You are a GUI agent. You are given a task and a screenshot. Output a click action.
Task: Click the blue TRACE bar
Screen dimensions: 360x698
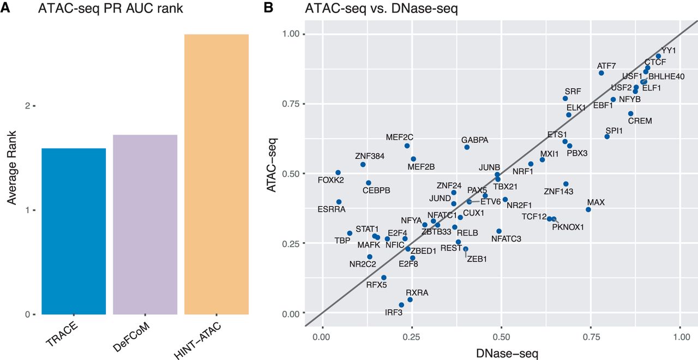click(x=74, y=231)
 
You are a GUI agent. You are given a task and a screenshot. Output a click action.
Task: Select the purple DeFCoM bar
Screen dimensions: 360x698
click(x=145, y=224)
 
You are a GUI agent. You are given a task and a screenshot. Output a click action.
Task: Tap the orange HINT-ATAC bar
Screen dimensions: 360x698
click(x=216, y=174)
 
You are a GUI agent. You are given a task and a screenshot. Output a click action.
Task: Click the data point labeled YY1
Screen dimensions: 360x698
click(x=658, y=56)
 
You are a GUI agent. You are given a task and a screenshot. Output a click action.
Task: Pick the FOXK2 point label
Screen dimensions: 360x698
click(x=331, y=180)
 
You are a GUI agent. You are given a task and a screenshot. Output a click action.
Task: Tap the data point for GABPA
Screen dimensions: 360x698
click(x=467, y=147)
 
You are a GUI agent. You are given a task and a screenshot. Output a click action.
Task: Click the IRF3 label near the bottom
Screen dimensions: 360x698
click(x=394, y=313)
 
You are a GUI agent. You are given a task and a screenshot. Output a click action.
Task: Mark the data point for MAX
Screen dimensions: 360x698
click(x=588, y=209)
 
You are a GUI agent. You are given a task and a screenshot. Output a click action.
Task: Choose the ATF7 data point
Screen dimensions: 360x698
click(x=601, y=73)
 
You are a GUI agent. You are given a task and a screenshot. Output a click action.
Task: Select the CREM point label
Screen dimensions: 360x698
click(x=640, y=121)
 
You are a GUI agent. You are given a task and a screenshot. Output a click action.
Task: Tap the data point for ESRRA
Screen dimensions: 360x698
click(x=339, y=202)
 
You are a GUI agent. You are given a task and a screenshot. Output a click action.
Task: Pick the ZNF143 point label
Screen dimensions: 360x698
click(x=558, y=191)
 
